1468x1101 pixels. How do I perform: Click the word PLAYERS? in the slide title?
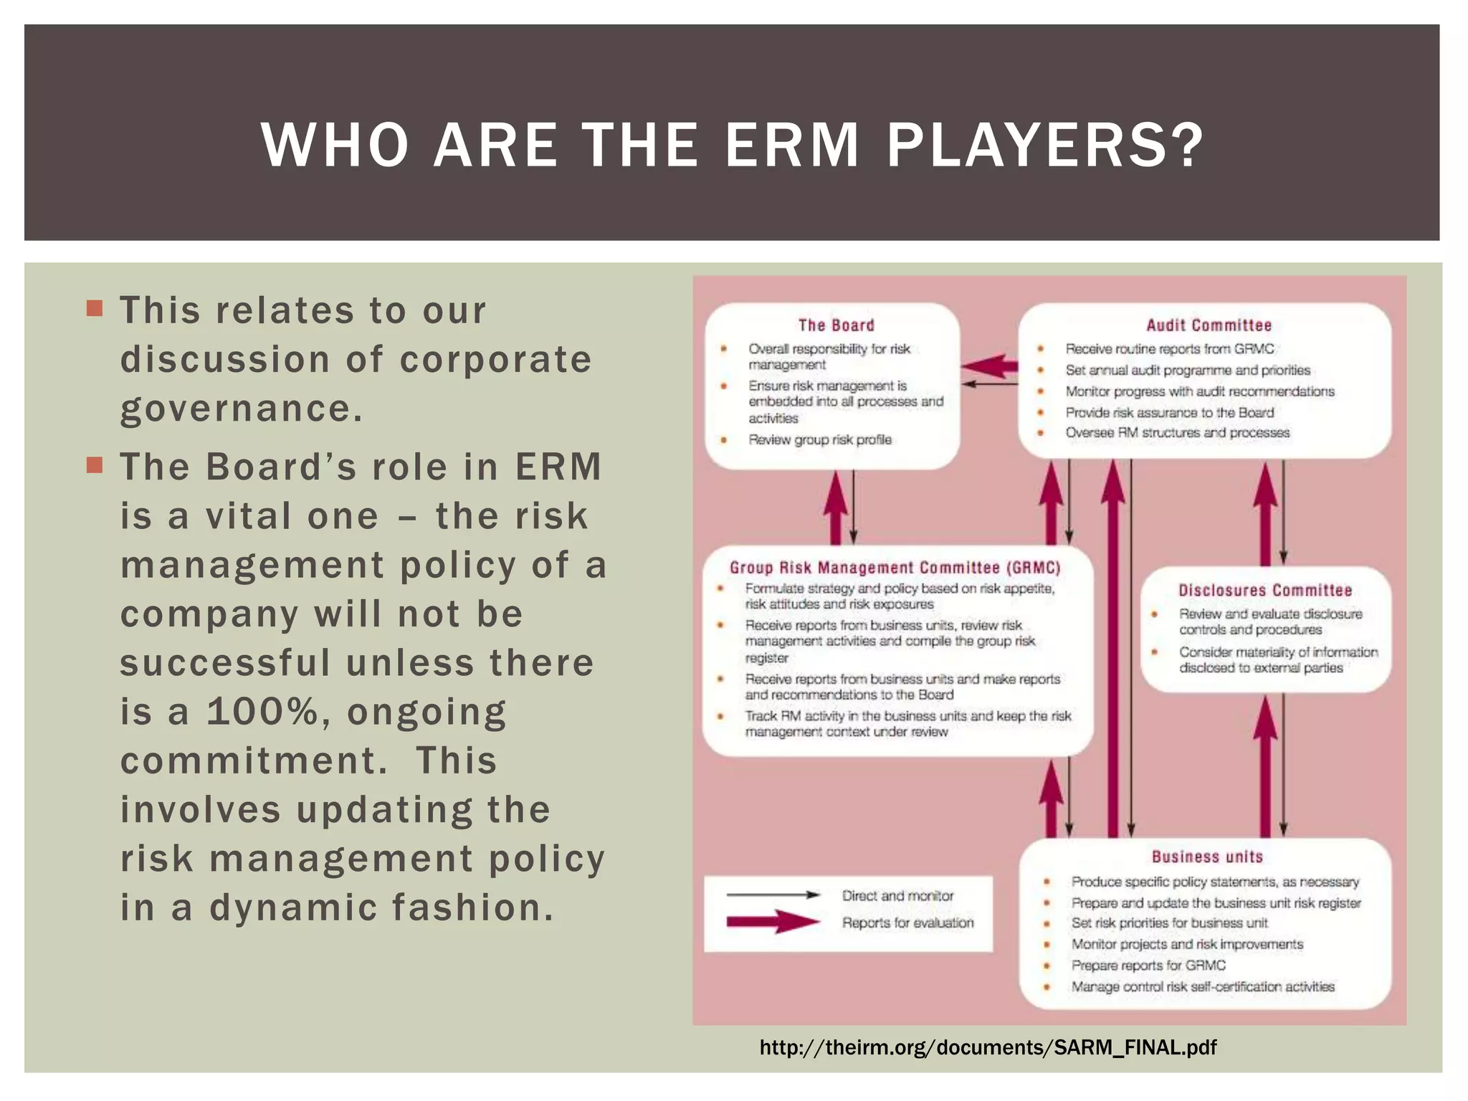tap(1045, 146)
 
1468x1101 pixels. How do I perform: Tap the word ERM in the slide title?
tap(791, 146)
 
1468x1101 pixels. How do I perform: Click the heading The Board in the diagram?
tap(836, 325)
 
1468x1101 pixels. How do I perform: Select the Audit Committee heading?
tap(1209, 325)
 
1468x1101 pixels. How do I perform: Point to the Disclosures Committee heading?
tap(1265, 591)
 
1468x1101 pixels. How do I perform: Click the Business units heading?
tap(1207, 857)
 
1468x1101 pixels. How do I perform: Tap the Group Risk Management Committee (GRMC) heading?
tap(895, 568)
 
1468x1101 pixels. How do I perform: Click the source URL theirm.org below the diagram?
tap(988, 1048)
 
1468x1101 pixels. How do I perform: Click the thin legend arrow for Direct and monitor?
tap(773, 895)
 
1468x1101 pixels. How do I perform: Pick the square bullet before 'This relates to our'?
tap(95, 309)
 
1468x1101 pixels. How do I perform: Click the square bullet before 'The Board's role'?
tap(95, 465)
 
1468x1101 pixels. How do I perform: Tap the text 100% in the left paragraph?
tap(262, 712)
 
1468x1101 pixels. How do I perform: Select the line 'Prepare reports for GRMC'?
tap(1148, 966)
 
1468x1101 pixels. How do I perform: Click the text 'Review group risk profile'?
tap(820, 439)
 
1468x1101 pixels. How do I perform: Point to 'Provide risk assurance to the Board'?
tap(1169, 412)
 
